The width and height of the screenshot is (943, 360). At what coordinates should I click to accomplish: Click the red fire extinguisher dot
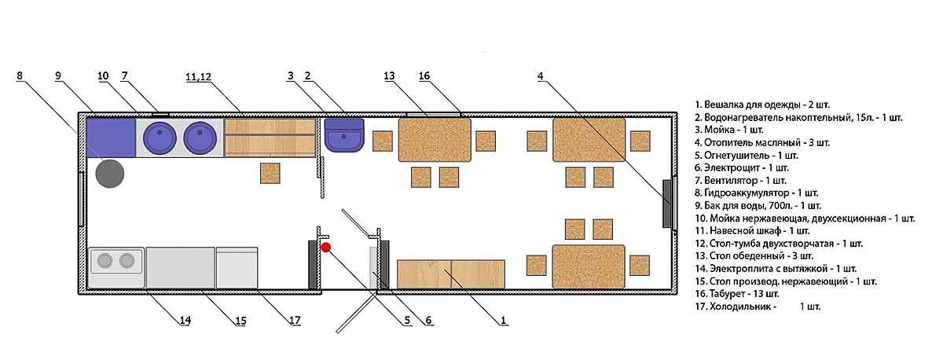(326, 248)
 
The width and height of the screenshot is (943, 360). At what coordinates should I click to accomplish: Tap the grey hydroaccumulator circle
(110, 173)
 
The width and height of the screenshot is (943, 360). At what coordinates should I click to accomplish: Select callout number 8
(20, 76)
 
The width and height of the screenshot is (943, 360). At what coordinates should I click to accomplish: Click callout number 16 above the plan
(424, 76)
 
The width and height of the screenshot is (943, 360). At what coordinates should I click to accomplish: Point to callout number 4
(541, 76)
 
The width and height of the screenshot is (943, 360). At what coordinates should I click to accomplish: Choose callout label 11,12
(199, 76)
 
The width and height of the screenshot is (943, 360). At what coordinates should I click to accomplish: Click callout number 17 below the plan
(295, 320)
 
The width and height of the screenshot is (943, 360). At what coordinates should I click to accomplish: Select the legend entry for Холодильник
(758, 306)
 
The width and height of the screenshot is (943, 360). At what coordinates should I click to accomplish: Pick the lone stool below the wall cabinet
(270, 174)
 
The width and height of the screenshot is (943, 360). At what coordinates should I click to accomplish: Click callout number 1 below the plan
(504, 320)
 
